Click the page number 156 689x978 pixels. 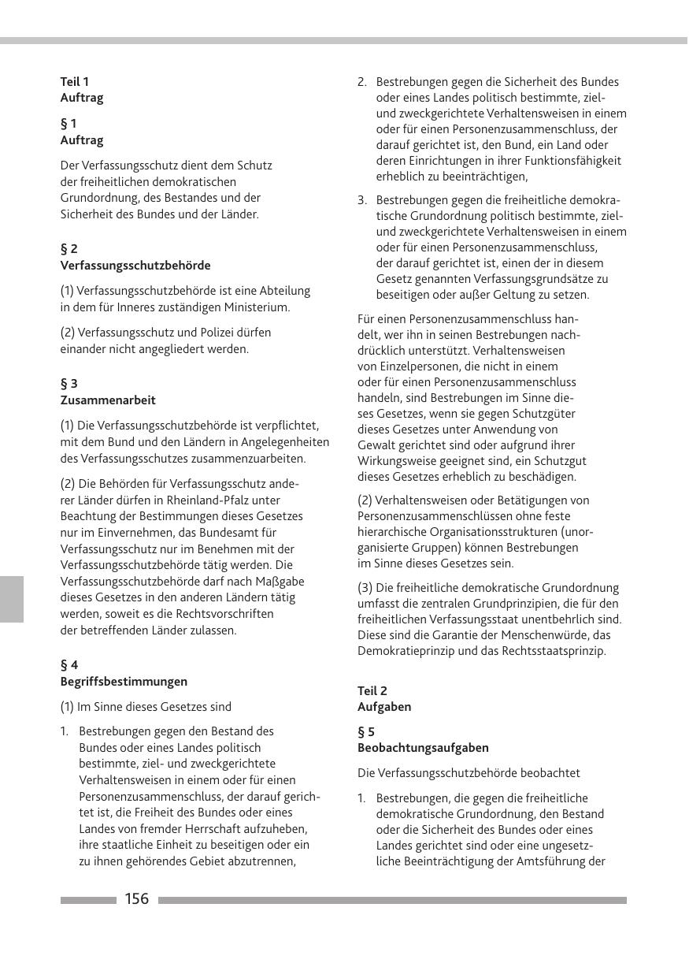click(136, 899)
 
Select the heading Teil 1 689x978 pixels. click(75, 81)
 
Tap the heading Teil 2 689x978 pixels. click(372, 691)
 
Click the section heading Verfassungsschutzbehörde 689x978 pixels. click(135, 266)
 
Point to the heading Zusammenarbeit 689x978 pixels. click(108, 400)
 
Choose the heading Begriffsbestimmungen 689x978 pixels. click(124, 682)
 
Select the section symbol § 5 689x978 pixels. click(366, 732)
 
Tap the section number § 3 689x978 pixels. click(69, 384)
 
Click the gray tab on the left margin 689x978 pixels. click(12, 599)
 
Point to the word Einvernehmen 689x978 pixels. click(123, 533)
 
